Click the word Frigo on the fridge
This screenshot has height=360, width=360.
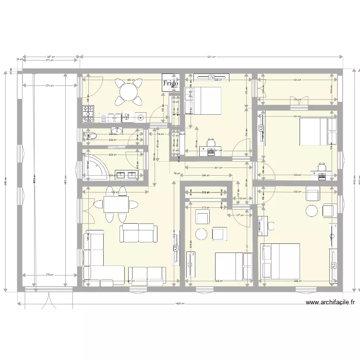170,84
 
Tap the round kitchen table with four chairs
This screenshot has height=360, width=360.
128,91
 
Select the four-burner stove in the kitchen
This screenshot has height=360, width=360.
88,113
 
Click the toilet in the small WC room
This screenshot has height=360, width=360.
89,137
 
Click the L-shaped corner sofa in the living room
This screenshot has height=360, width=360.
96,257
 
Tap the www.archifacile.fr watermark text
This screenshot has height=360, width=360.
330,303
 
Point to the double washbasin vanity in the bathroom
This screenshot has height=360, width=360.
125,175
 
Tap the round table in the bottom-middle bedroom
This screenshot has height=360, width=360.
202,234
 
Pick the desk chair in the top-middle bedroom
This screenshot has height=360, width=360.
211,143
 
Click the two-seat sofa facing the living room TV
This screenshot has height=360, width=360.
139,232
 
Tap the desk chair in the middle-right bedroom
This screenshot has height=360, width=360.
321,167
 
